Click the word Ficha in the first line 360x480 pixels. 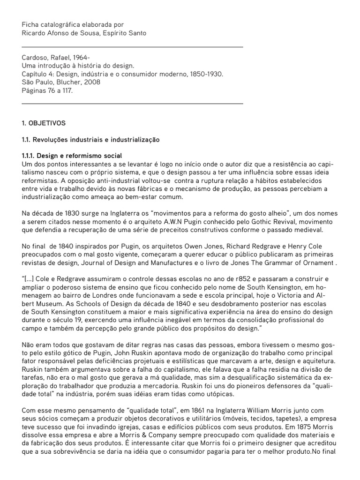30,24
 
